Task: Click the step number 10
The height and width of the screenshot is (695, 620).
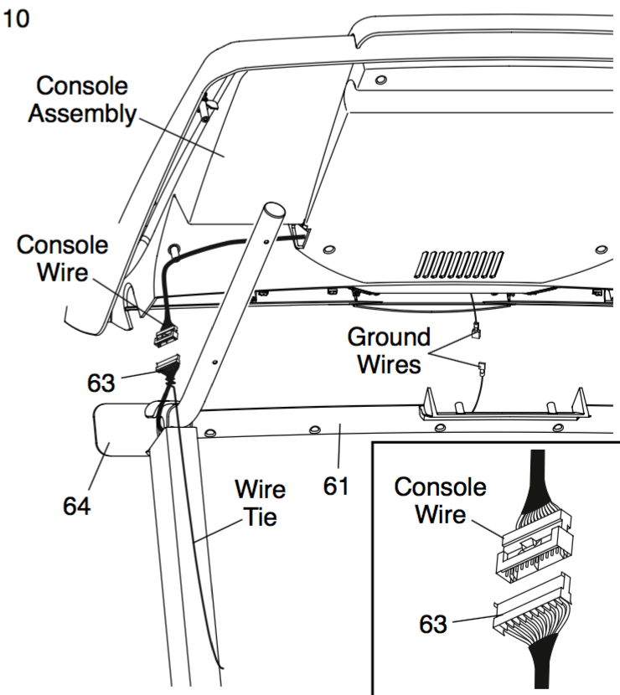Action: point(16,18)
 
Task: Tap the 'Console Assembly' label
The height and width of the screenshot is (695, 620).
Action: point(82,100)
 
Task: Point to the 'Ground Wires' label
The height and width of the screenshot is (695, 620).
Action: point(389,351)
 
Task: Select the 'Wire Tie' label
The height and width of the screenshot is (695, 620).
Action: point(261,503)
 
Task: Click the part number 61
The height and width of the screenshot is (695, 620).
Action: point(336,486)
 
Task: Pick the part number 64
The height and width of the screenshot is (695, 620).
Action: point(76,506)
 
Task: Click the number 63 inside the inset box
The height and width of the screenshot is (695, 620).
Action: point(433,624)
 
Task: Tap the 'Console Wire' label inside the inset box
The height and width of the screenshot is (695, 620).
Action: point(440,501)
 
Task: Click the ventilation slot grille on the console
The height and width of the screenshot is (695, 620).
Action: point(459,265)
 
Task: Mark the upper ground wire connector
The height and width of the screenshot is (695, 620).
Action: point(478,331)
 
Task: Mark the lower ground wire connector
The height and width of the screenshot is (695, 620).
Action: point(481,368)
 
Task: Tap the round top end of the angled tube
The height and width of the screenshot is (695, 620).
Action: point(274,209)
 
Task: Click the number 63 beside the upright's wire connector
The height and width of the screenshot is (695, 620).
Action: point(101,383)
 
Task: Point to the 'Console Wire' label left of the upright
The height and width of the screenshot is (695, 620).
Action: point(62,259)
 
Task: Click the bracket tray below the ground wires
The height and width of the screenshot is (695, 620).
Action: point(504,404)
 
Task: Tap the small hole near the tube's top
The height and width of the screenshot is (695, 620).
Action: point(266,242)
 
